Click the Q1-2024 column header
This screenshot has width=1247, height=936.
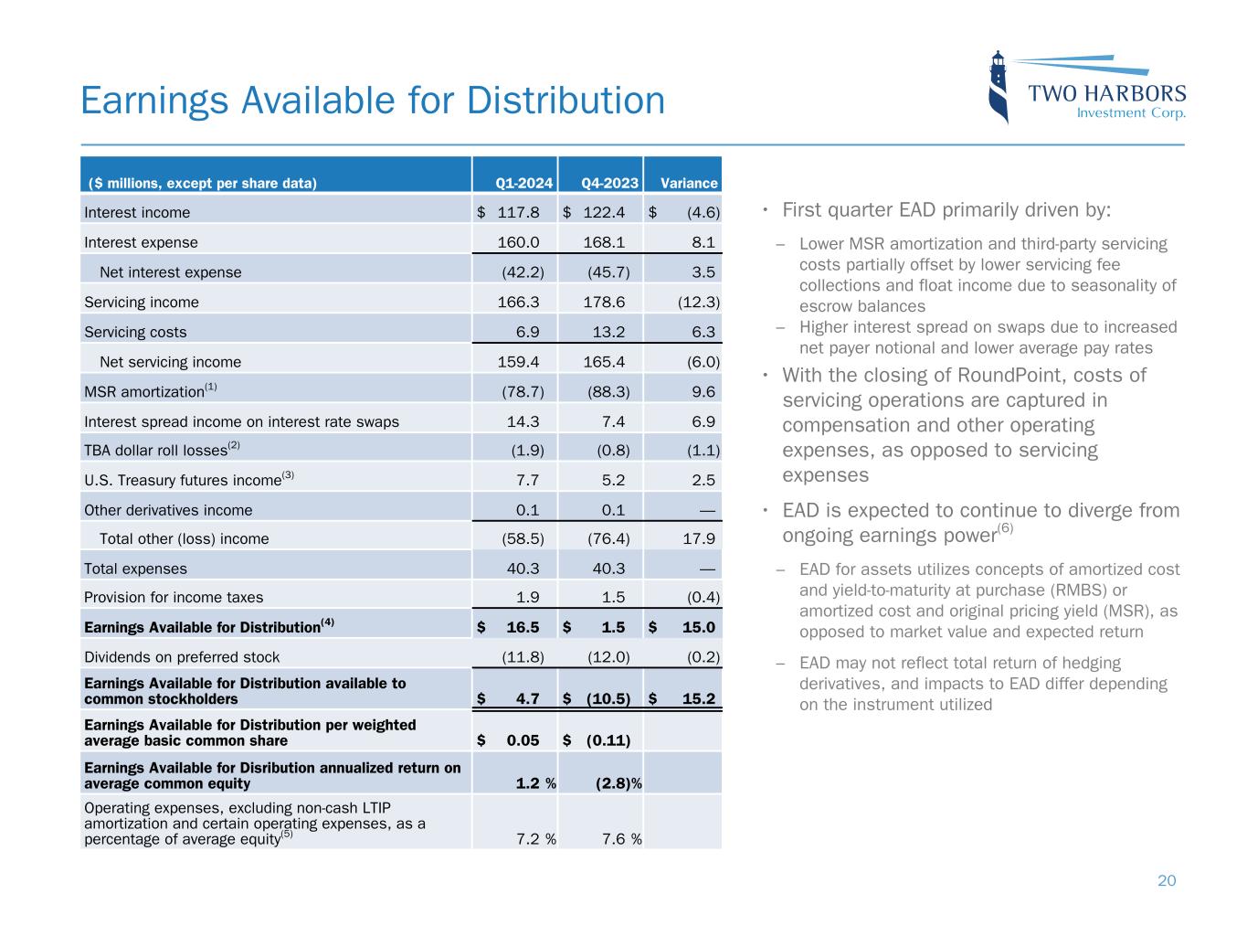(x=524, y=183)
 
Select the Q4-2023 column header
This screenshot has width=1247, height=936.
(x=610, y=183)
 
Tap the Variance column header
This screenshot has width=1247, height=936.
(x=689, y=183)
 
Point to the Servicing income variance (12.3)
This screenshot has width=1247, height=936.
(x=698, y=302)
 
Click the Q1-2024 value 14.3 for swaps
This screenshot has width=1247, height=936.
(x=523, y=421)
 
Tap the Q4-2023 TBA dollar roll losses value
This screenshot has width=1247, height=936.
(x=608, y=450)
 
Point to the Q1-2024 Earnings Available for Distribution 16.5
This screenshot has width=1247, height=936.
(x=523, y=627)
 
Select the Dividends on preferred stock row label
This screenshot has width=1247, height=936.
(x=182, y=656)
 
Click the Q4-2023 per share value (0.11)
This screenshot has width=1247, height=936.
(x=608, y=739)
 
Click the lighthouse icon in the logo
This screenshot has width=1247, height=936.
(x=999, y=87)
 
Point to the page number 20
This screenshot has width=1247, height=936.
(x=1167, y=880)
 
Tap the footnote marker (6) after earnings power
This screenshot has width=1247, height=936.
(x=1005, y=528)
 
